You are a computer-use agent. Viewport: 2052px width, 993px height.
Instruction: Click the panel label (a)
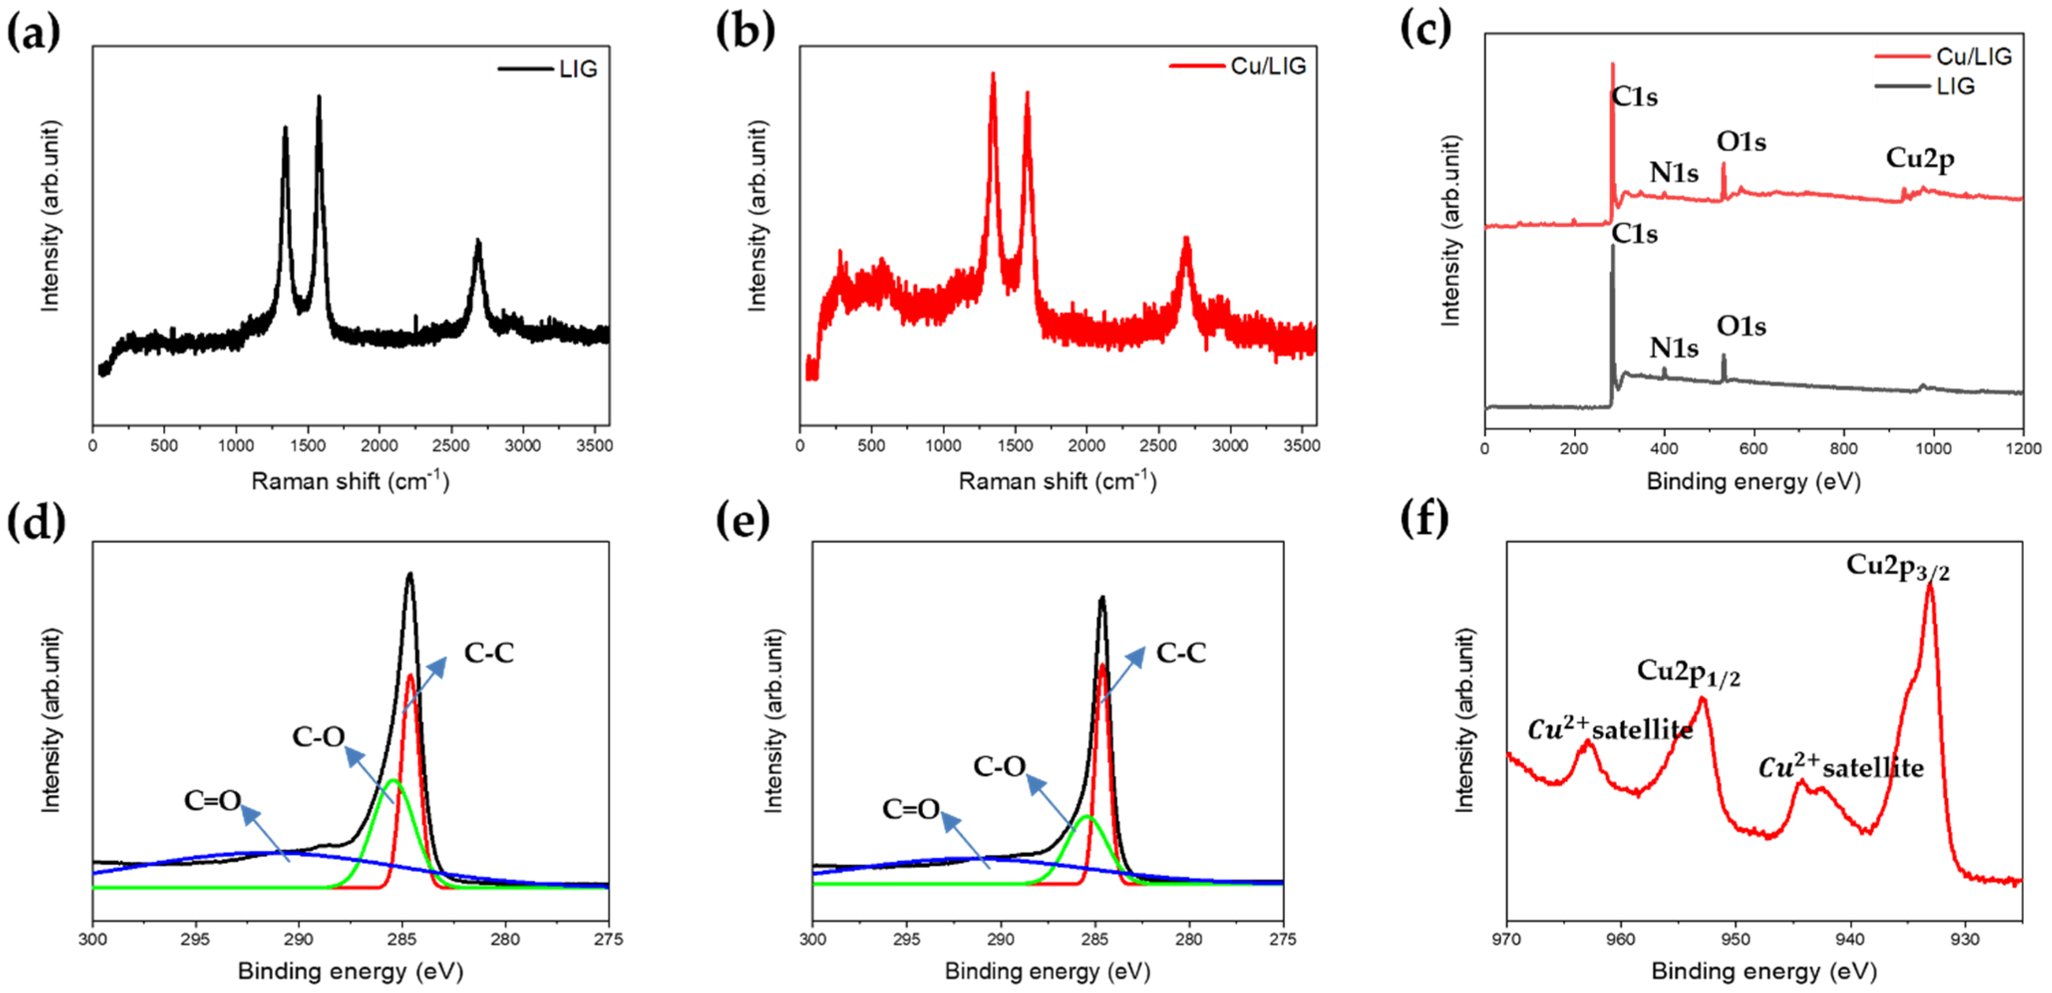point(33,33)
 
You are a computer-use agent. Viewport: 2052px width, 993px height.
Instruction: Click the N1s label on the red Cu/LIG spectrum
point(1673,173)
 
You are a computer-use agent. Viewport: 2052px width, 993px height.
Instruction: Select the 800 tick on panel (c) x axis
point(1843,448)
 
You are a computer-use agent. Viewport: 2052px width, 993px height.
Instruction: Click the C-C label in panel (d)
point(488,653)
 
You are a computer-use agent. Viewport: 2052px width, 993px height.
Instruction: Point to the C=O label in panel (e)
point(911,809)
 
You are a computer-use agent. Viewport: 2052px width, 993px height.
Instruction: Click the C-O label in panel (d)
point(318,736)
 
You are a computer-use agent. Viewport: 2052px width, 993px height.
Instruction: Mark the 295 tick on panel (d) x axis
point(195,940)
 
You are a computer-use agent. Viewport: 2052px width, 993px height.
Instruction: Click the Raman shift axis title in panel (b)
point(1057,481)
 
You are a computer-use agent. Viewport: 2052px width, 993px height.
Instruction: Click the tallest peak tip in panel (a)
point(319,97)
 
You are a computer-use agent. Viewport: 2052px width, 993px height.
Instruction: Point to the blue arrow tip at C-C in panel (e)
point(1142,647)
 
